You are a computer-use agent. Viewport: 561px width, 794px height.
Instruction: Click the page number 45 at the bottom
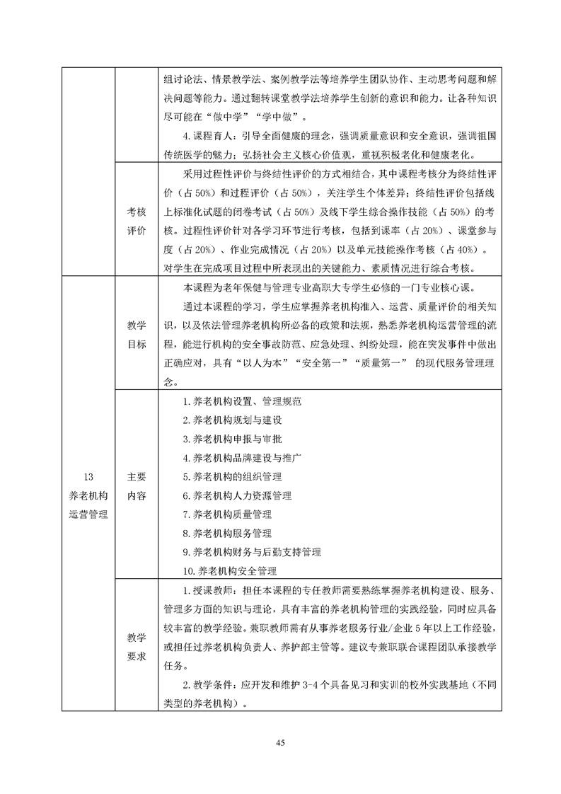280,742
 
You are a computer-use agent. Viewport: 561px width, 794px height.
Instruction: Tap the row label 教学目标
137,334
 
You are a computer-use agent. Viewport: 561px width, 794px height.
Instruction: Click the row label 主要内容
137,486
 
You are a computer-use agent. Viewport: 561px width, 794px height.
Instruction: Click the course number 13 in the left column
84,476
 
